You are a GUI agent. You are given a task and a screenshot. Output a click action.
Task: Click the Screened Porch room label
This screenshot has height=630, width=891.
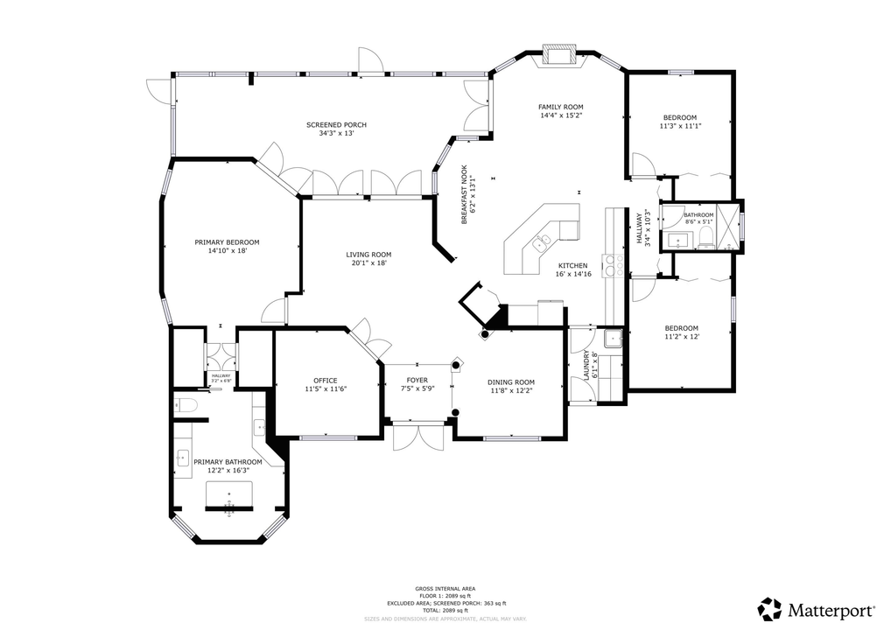coord(336,125)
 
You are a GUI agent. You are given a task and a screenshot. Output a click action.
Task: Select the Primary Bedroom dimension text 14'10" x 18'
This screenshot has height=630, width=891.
coord(227,251)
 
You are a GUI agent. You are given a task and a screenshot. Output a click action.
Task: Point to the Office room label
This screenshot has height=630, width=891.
coord(326,381)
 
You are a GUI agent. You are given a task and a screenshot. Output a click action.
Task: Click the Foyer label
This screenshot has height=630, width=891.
coord(417,381)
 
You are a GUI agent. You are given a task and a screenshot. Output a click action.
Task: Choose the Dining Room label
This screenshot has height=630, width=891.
coord(510,382)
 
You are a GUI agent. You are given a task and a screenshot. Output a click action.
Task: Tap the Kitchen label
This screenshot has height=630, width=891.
coord(573,265)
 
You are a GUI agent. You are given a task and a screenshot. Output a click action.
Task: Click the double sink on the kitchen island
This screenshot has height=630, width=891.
coord(544,241)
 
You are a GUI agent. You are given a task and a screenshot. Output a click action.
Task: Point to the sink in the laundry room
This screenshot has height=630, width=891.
coord(613,339)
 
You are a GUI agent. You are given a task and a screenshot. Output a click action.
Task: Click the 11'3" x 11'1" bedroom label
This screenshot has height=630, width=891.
coord(680,118)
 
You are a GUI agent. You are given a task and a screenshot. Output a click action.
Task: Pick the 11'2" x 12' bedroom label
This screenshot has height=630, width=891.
coord(680,328)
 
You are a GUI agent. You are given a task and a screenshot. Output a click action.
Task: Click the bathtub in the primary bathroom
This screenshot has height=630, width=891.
coord(229,495)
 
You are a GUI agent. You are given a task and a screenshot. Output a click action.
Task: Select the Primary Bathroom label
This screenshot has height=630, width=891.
coord(228,462)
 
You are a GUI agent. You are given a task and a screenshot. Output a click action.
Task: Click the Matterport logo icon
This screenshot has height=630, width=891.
coord(769,609)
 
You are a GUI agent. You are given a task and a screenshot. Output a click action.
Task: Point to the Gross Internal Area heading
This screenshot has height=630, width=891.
coord(445,589)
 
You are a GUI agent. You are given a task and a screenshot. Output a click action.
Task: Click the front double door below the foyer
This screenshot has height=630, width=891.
coord(417,435)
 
